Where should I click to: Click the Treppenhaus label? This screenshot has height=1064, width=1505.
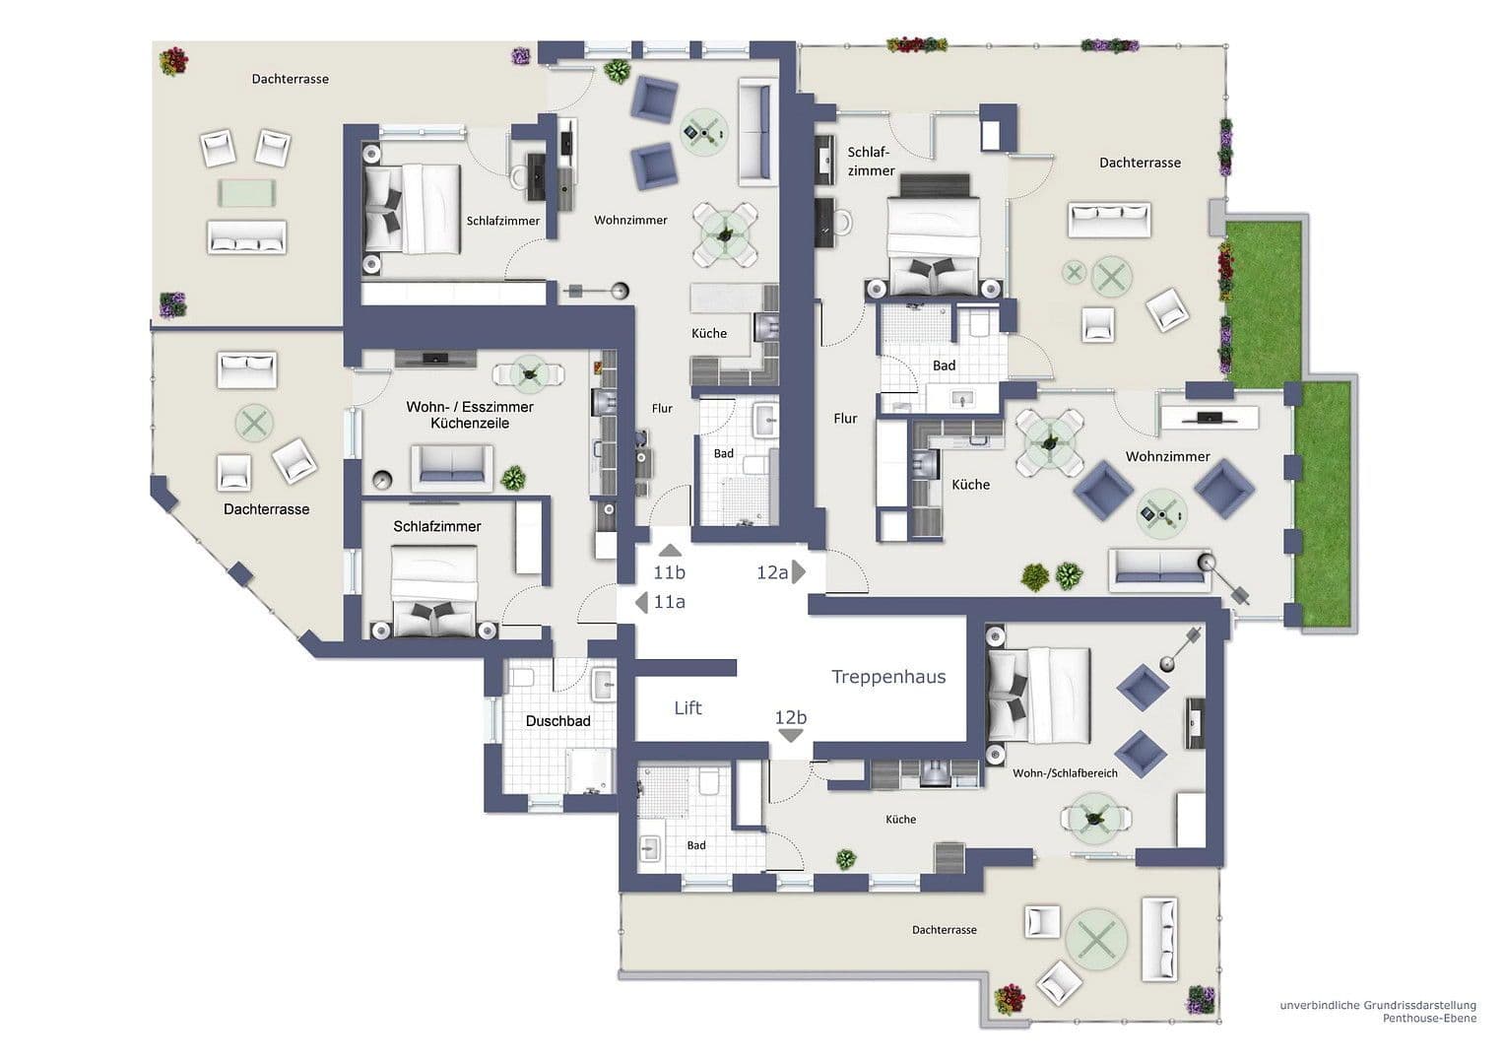click(x=888, y=677)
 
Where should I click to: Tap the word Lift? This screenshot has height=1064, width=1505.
click(x=687, y=708)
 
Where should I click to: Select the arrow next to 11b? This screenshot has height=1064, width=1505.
click(x=670, y=552)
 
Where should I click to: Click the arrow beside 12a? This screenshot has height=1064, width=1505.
click(x=800, y=571)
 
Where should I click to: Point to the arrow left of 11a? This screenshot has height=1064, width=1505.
click(x=641, y=602)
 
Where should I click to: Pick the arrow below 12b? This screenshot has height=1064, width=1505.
click(x=791, y=736)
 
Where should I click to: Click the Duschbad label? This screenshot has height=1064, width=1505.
click(x=557, y=721)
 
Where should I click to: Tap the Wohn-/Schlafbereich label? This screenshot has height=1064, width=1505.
click(x=1065, y=773)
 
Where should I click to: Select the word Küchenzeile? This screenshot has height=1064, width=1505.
click(x=470, y=423)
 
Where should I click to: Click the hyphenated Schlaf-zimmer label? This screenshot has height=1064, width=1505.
click(x=871, y=162)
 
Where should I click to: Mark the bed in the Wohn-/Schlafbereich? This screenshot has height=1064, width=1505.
click(x=1039, y=695)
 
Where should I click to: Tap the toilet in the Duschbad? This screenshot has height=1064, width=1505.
click(x=521, y=679)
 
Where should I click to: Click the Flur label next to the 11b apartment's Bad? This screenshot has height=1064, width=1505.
click(x=662, y=408)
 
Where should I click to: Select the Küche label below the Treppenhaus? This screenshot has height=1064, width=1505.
click(x=900, y=820)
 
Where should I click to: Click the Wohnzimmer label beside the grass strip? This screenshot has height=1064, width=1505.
click(x=1167, y=457)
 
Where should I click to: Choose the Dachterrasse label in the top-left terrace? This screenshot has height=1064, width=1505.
click(x=290, y=79)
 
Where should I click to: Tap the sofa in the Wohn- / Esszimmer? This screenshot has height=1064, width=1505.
click(x=452, y=465)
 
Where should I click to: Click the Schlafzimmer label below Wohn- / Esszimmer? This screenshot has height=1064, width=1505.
click(x=437, y=527)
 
